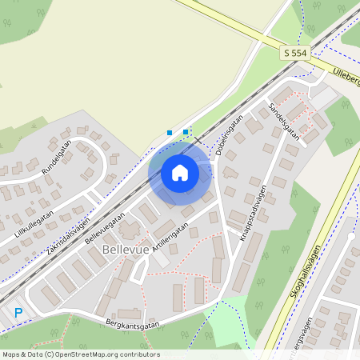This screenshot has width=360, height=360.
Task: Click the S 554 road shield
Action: pyautogui.click(x=295, y=52)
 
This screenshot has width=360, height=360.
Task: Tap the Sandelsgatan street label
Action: pyautogui.click(x=284, y=120)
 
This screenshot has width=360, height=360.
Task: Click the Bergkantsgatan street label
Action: pyautogui.click(x=130, y=324)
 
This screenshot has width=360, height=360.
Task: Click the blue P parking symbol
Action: pyautogui.click(x=18, y=313)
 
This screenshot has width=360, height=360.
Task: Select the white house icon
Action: pyautogui.click(x=180, y=172)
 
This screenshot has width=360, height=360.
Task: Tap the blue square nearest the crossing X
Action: pyautogui.click(x=186, y=131)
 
